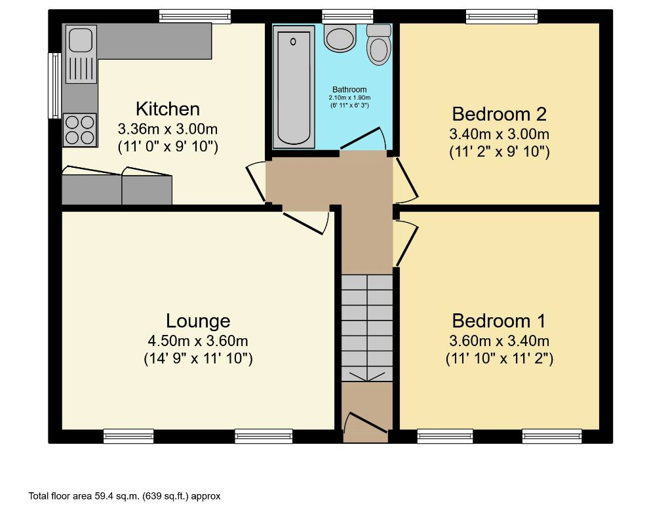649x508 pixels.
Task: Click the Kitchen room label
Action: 167,108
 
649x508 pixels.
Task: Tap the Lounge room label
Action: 198,321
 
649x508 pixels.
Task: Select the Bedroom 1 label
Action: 499,321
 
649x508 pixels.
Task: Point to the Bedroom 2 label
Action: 499,114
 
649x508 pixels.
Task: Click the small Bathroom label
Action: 349,90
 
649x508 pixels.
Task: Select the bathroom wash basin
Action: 340,39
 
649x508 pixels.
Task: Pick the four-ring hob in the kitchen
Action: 79,129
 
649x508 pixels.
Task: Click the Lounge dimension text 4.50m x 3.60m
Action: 198,341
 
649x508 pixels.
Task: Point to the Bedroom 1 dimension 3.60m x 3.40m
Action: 499,341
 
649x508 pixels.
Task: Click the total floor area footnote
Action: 125,496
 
